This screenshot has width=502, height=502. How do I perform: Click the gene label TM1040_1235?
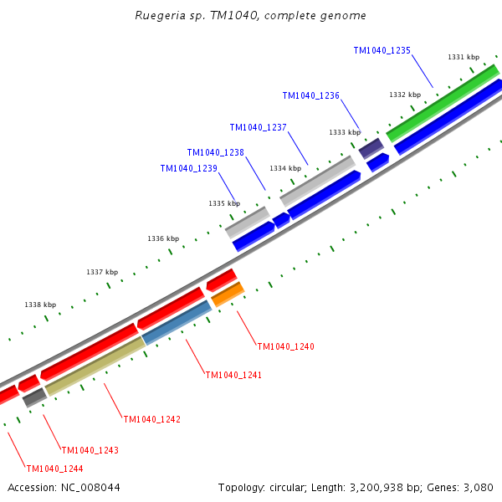382,51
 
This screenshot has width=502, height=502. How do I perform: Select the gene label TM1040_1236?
310,96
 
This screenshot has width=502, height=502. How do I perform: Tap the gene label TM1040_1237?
258,128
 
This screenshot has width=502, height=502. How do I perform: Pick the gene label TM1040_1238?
215,153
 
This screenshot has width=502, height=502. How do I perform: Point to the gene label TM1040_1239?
188,169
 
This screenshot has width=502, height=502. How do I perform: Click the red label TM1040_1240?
285,346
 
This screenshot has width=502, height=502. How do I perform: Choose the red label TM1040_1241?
233,376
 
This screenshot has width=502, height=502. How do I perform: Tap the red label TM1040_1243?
90,450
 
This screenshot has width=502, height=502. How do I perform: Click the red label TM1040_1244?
54,469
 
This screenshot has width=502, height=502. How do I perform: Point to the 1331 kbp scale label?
463,58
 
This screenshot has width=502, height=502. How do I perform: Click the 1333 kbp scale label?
344,132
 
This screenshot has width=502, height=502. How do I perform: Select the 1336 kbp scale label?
163,239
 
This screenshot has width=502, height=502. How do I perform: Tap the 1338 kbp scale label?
40,305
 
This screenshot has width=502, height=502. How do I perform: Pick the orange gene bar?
228,295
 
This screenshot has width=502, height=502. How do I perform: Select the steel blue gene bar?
177,323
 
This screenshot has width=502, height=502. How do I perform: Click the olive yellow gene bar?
95,366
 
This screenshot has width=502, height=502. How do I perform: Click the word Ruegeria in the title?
161,16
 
